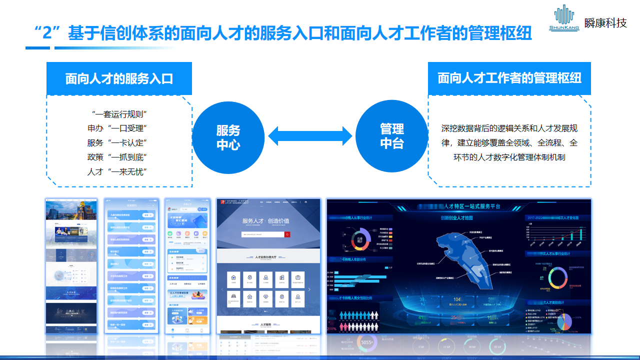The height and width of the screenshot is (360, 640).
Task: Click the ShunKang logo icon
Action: coord(564,17)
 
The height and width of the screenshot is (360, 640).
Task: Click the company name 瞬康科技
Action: coord(605,23)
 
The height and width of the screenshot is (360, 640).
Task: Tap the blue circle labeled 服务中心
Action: coord(228,137)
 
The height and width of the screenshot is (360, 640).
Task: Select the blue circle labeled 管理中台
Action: coord(391,136)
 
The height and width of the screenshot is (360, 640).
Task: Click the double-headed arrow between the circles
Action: coord(310,135)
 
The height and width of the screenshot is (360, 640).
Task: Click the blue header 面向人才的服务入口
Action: coord(119,78)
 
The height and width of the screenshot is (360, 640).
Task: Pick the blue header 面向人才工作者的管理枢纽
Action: coord(509,78)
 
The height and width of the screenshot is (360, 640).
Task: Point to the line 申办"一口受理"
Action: coord(119,128)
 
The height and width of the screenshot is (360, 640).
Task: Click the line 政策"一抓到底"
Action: coord(119,157)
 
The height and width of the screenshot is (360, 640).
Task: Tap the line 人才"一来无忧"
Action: coord(119,171)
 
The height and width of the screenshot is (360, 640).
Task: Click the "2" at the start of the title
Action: coord(46,34)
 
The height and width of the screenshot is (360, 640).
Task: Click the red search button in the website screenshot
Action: coord(287,234)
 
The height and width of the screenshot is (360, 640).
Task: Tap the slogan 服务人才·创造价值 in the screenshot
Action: coord(265,221)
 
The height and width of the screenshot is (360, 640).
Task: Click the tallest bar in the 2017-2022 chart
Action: coord(580,233)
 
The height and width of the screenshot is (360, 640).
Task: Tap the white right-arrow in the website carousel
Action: coord(309,289)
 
